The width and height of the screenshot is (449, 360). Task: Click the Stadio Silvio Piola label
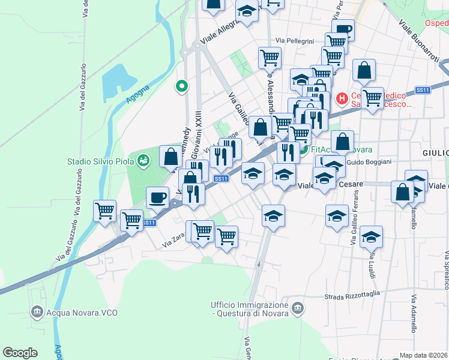coord(98,161)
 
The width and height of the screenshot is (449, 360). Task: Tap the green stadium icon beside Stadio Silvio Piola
coord(143,160)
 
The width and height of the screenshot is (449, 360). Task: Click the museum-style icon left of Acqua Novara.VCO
coord(37,311)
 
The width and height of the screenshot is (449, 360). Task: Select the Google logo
coord(20,353)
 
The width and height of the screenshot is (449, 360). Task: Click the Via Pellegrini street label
coord(295,41)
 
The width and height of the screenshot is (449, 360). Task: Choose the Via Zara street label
coord(173,241)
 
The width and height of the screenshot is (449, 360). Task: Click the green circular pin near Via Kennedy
coord(181,87)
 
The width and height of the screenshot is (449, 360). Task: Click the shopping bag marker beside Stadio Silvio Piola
coord(171,157)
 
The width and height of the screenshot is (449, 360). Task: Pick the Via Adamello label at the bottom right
coord(414,314)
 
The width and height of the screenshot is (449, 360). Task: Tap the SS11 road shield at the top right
coord(423,90)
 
